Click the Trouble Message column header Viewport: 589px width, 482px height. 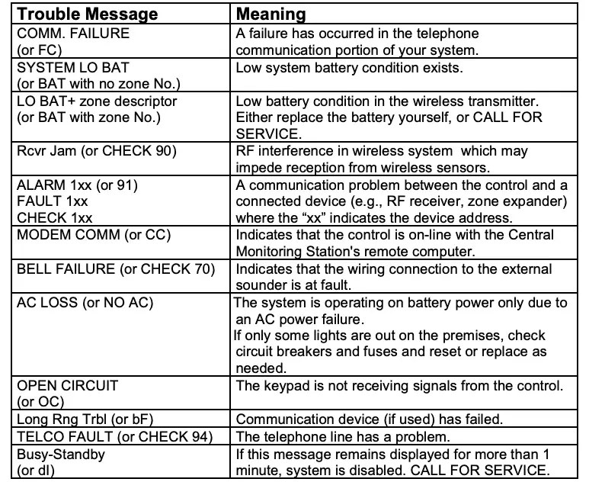pos(88,14)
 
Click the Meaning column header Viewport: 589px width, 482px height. pos(271,14)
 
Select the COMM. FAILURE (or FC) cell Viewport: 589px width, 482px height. pos(73,41)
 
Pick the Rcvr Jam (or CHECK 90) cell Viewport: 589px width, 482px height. pos(96,150)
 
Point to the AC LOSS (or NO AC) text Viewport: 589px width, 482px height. pos(85,302)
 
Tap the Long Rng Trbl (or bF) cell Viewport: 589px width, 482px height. pos(88,419)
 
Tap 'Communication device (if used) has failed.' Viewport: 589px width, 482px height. pos(359,419)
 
